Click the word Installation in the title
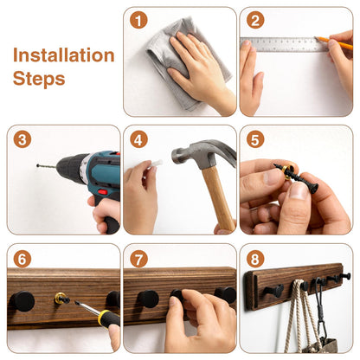pyautogui.click(x=64, y=55)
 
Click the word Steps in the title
pyautogui.click(x=39, y=79)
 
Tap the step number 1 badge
pyautogui.click(x=138, y=21)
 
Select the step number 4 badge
pyautogui.click(x=138, y=140)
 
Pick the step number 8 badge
pyautogui.click(x=255, y=259)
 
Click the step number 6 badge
pyautogui.click(x=22, y=259)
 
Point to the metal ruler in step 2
pyautogui.click(x=284, y=45)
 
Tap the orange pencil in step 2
pyautogui.click(x=335, y=42)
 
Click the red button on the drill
pyautogui.click(x=102, y=192)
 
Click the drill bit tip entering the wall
pyautogui.click(x=38, y=165)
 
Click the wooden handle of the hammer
pyautogui.click(x=218, y=199)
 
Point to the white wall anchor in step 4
pyautogui.click(x=155, y=164)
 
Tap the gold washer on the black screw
pyautogui.click(x=289, y=172)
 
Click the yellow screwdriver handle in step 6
pyautogui.click(x=109, y=318)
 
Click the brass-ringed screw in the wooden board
pyautogui.click(x=61, y=299)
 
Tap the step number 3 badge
pyautogui.click(x=22, y=139)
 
